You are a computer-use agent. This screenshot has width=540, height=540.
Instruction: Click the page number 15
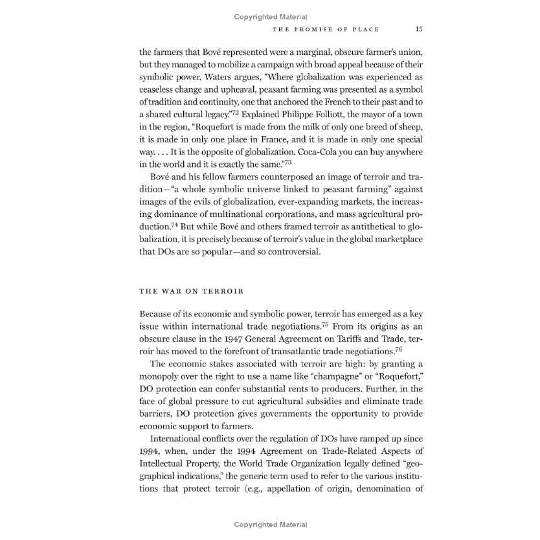tap(419, 29)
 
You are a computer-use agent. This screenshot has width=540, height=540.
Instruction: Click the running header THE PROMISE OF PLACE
tap(326, 29)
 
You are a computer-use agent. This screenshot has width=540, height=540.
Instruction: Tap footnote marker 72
tap(236, 112)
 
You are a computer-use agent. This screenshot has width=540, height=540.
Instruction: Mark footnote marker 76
tap(399, 348)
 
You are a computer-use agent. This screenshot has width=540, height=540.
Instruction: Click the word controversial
tap(288, 251)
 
